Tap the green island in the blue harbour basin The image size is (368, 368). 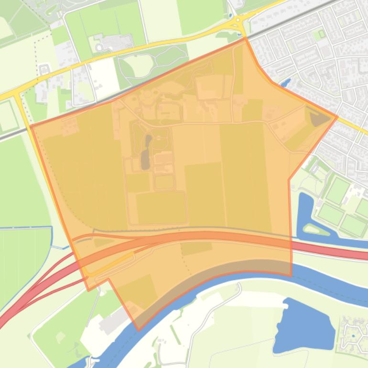pyautogui.click(x=316, y=230)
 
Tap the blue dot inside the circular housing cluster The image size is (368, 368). pyautogui.click(x=353, y=336)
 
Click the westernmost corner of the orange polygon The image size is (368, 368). pyautogui.click(x=31, y=126)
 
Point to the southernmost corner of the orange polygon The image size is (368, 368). pyautogui.click(x=139, y=329)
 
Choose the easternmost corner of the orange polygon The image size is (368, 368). pyautogui.click(x=337, y=116)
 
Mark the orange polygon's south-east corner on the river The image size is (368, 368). pyautogui.click(x=291, y=275)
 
